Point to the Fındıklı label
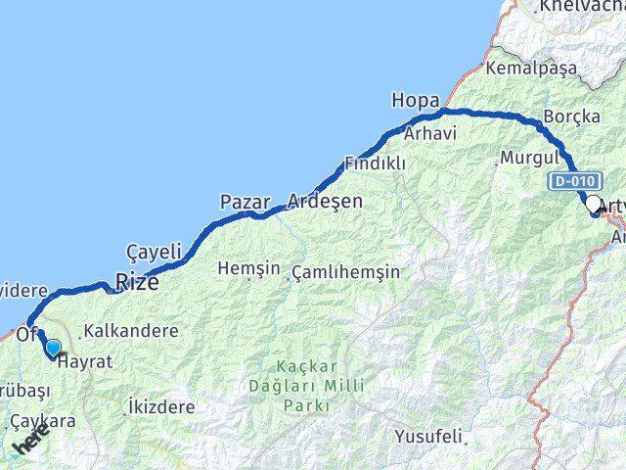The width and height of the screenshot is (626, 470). pyautogui.click(x=375, y=164)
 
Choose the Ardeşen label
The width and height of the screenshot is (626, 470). pyautogui.click(x=325, y=202)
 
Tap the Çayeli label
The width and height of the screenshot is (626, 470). pyautogui.click(x=155, y=252)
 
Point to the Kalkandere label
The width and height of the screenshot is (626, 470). pyautogui.click(x=130, y=331)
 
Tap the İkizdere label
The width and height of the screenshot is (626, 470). pyautogui.click(x=161, y=405)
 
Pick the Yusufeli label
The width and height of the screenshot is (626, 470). pyautogui.click(x=427, y=435)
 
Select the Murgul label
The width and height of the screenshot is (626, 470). pyautogui.click(x=529, y=157)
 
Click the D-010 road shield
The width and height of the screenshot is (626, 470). pyautogui.click(x=569, y=182)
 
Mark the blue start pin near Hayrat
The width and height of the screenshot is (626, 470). pyautogui.click(x=52, y=347)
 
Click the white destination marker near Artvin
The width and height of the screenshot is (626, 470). pyautogui.click(x=593, y=204)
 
